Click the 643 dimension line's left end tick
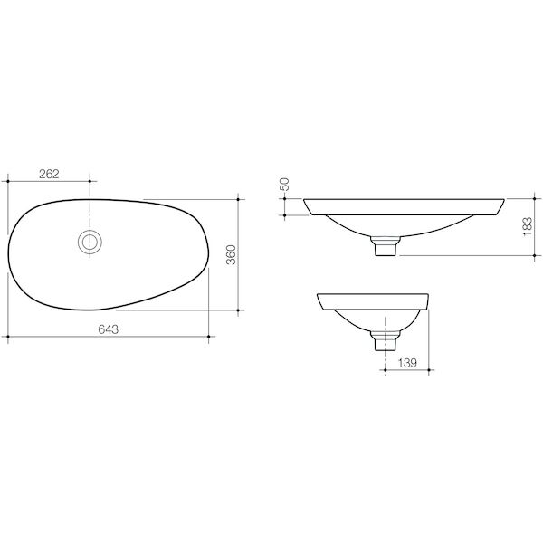coord(8,338)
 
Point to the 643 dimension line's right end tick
coord(210,338)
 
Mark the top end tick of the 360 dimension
coord(238,197)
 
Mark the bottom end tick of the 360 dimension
coord(238,310)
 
